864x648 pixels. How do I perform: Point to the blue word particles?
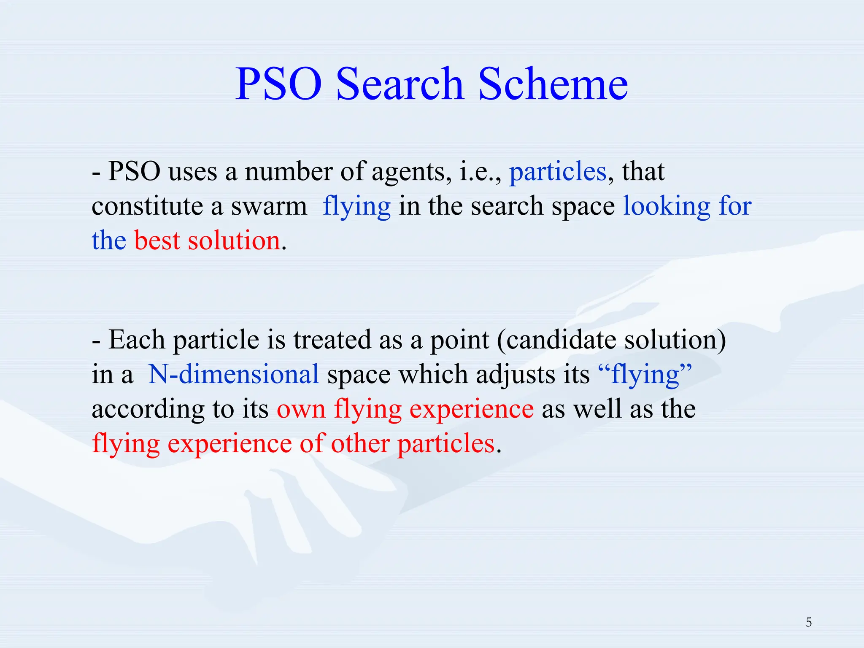[558, 172]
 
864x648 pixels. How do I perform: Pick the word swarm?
[269, 207]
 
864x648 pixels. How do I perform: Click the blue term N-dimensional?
[234, 375]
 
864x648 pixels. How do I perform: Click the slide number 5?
[808, 622]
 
